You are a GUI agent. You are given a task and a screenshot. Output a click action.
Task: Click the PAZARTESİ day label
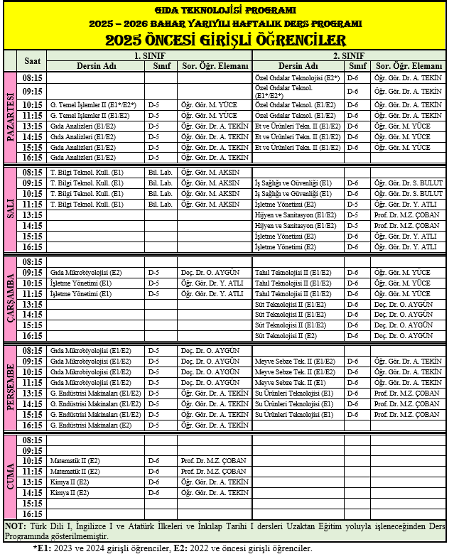click(11, 117)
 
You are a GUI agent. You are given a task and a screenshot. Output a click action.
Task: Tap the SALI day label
click(11, 210)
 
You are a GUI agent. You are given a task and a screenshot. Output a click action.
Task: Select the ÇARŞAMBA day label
click(11, 298)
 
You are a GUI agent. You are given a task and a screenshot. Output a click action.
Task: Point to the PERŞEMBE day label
click(11, 388)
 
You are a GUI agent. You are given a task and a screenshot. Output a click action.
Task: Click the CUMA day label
click(11, 477)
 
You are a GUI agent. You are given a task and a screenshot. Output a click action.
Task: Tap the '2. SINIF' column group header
click(349, 55)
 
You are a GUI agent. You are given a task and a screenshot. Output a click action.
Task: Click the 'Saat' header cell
click(32, 61)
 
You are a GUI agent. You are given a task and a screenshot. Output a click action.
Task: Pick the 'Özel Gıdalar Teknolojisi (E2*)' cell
click(296, 77)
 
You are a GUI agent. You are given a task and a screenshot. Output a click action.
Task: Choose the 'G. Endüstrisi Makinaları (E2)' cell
click(90, 425)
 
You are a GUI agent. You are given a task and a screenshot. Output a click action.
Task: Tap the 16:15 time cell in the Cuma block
click(32, 514)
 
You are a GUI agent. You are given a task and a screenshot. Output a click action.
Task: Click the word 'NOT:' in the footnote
click(15, 526)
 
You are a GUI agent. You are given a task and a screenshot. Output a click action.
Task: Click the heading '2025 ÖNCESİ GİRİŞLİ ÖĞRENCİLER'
click(225, 40)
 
